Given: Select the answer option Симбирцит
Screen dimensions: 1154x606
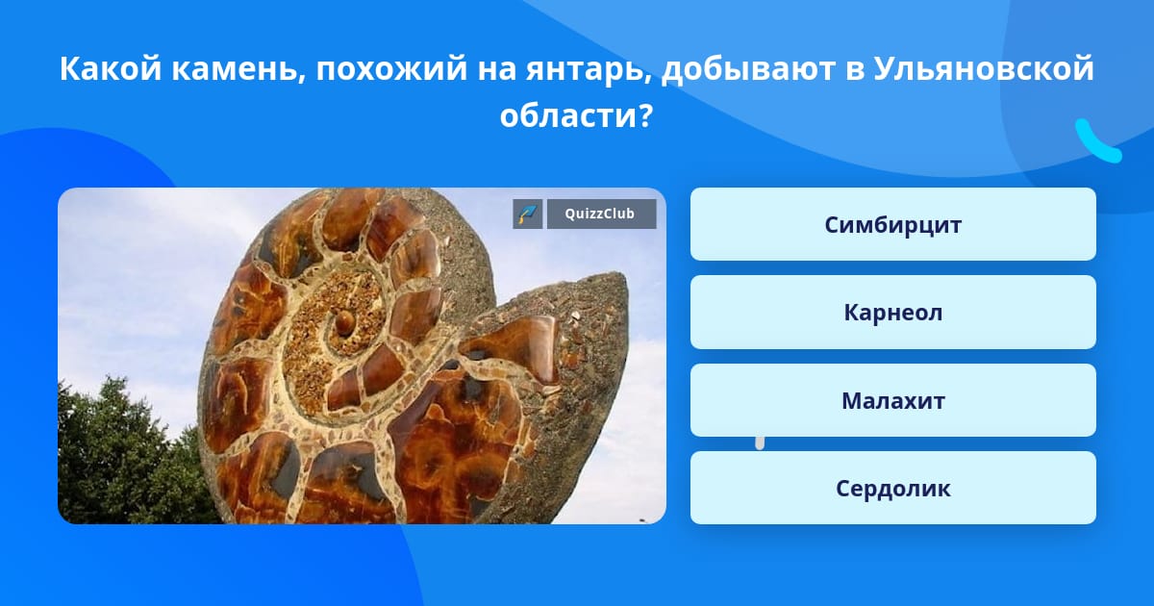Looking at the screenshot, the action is point(892,224).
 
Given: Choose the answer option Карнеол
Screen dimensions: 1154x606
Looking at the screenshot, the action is point(892,313).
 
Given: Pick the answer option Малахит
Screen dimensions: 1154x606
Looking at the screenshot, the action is point(892,400).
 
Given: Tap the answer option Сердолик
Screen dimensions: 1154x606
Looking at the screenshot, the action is point(892,488).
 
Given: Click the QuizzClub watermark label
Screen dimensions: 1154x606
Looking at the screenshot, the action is point(601,214).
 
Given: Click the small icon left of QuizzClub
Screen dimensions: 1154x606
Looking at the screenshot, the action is point(528,214).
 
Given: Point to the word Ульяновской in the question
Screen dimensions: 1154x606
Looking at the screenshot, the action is point(984,68).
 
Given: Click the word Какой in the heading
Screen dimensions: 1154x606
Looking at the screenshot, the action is point(111,68).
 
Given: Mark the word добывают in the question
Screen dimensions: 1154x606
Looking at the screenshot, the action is point(748,68).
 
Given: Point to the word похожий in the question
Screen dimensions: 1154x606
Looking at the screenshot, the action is point(391,68).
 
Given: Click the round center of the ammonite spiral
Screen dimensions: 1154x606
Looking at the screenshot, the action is point(344,323).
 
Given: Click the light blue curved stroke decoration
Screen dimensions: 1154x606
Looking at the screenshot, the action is point(1097,141).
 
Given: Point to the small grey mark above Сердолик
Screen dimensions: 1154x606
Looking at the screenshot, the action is point(760,442).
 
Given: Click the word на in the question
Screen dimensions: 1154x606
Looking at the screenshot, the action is point(496,70).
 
